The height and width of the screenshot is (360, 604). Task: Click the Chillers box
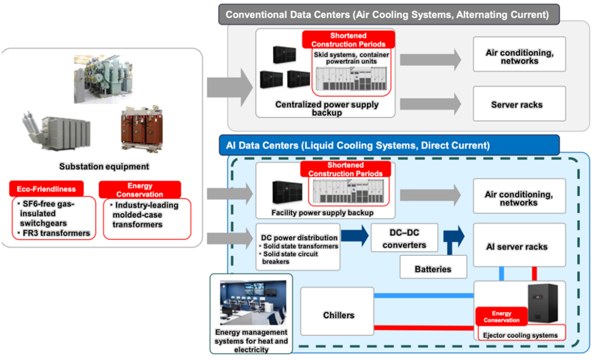pyautogui.click(x=337, y=311)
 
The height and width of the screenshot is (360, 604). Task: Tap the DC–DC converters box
pyautogui.click(x=404, y=238)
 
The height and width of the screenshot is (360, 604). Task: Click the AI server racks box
pyautogui.click(x=519, y=245)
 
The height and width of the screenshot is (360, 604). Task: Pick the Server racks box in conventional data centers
pyautogui.click(x=519, y=104)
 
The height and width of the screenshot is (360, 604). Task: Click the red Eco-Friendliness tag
pyautogui.click(x=47, y=189)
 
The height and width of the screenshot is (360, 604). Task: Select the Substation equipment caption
pyautogui.click(x=104, y=166)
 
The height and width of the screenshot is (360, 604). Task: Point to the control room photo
pyautogui.click(x=253, y=303)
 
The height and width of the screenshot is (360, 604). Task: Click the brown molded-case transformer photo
pyautogui.click(x=142, y=128)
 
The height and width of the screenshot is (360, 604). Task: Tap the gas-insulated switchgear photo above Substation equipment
pyautogui.click(x=104, y=79)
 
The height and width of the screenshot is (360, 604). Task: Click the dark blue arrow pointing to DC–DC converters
pyautogui.click(x=355, y=235)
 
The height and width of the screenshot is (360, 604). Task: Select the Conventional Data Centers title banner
pyautogui.click(x=389, y=15)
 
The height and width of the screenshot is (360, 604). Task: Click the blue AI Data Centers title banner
pyautogui.click(x=389, y=145)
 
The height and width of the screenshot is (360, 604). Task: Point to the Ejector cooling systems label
pyautogui.click(x=520, y=335)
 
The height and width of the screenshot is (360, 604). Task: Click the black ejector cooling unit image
pyautogui.click(x=542, y=303)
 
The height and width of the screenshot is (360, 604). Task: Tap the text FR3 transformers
pyautogui.click(x=56, y=233)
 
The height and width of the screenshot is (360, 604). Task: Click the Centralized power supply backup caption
pyautogui.click(x=326, y=108)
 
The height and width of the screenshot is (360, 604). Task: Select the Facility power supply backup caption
pyautogui.click(x=323, y=212)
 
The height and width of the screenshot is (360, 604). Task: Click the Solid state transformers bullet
pyautogui.click(x=300, y=246)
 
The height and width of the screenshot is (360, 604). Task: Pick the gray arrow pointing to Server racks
pyautogui.click(x=430, y=104)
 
